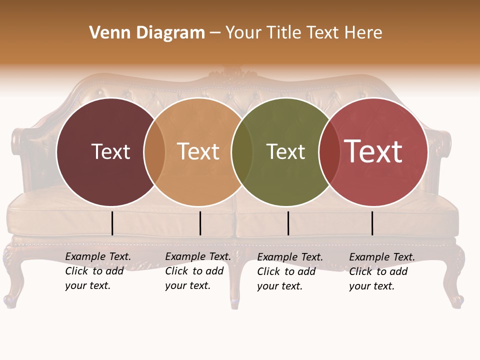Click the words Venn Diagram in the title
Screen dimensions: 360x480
(147, 33)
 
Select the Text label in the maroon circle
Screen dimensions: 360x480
(110, 151)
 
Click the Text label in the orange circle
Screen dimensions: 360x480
(198, 151)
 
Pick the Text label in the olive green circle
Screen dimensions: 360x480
(285, 151)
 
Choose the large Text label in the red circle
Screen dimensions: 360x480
(373, 151)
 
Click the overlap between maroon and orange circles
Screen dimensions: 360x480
(154, 151)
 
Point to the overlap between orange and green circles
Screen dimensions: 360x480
(242, 151)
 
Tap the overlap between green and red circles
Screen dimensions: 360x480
(329, 151)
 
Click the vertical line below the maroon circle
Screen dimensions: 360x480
(112, 223)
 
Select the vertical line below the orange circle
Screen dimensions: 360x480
(200, 223)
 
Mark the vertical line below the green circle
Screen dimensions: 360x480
(288, 223)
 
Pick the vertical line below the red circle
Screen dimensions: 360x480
(372, 223)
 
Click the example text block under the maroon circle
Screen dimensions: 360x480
(98, 271)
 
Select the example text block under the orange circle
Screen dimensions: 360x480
(198, 271)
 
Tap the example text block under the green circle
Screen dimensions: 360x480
(290, 271)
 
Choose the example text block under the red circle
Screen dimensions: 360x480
(382, 271)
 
